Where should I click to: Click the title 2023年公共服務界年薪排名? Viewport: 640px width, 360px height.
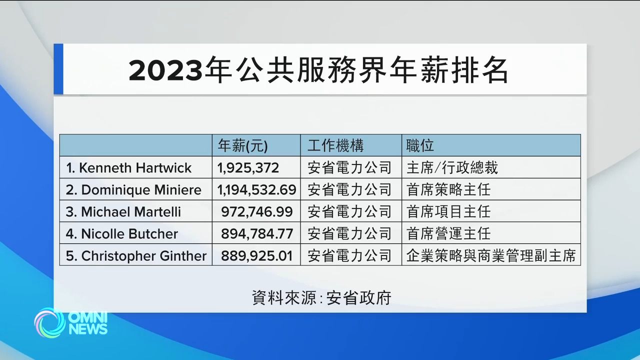pyautogui.click(x=318, y=70)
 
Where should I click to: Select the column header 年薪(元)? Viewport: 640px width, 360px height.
pyautogui.click(x=243, y=145)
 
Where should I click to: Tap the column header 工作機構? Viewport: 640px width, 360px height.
pyautogui.click(x=335, y=145)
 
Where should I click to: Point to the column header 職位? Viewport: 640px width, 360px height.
pyautogui.click(x=420, y=145)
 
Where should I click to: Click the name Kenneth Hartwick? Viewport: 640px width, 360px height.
pyautogui.click(x=129, y=167)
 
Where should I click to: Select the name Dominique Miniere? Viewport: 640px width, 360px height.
pyautogui.click(x=133, y=189)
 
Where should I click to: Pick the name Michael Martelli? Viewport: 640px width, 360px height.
pyautogui.click(x=123, y=211)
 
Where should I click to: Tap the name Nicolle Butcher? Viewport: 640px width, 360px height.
pyautogui.click(x=122, y=233)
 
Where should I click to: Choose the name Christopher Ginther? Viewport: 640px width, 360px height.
pyautogui.click(x=136, y=256)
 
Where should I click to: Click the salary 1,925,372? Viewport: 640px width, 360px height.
pyautogui.click(x=248, y=167)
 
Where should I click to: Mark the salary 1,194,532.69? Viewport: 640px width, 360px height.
pyautogui.click(x=256, y=189)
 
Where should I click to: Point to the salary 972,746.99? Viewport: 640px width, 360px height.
pyautogui.click(x=257, y=211)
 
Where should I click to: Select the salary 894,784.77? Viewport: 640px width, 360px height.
pyautogui.click(x=257, y=233)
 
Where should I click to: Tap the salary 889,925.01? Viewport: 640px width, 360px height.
pyautogui.click(x=257, y=256)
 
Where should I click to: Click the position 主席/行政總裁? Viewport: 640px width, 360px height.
pyautogui.click(x=452, y=167)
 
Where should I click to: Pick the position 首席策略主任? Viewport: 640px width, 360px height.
pyautogui.click(x=448, y=189)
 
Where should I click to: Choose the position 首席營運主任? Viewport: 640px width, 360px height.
pyautogui.click(x=448, y=233)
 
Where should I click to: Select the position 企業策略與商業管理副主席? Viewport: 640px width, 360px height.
pyautogui.click(x=491, y=256)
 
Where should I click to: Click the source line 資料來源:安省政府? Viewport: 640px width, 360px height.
pyautogui.click(x=321, y=298)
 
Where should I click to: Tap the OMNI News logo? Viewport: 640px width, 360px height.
pyautogui.click(x=71, y=322)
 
